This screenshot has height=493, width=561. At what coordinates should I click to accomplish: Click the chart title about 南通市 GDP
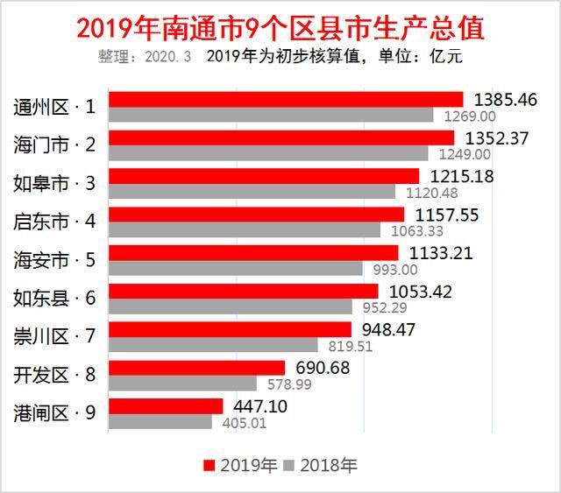tap(280, 27)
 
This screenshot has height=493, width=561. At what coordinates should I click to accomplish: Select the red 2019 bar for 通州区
tap(285, 100)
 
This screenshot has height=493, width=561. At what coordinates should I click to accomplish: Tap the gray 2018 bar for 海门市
tap(267, 153)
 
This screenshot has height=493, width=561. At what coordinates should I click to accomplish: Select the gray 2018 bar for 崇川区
tap(213, 345)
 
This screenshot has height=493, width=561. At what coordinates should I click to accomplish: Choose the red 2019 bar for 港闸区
tap(166, 405)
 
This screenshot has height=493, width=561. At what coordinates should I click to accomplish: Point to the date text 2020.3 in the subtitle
tap(167, 58)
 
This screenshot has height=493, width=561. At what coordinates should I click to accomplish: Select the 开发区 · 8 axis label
tap(54, 374)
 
